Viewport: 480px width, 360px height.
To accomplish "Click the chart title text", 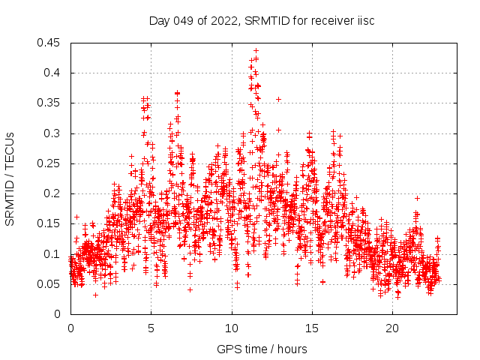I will point(262,20).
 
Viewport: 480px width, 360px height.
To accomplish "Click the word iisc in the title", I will point(364,20).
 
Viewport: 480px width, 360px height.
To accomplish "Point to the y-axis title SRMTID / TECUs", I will point(10,178).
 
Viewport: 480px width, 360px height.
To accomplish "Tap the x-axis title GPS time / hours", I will point(262,349).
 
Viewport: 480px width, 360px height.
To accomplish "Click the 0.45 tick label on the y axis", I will point(50,43).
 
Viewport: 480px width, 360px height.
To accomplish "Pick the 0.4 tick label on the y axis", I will point(53,73).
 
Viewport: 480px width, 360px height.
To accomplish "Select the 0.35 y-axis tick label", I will point(50,103).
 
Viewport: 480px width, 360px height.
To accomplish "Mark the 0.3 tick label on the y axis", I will point(53,133).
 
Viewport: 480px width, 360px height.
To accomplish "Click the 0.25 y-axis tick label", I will point(50,163).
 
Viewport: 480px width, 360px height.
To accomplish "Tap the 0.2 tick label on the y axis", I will point(53,193).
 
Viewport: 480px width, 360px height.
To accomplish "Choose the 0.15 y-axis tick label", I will point(50,223).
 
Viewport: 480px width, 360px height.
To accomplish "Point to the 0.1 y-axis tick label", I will point(53,253).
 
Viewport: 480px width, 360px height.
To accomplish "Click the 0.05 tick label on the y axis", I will point(50,284).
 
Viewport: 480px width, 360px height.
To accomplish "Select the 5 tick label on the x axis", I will point(151,328).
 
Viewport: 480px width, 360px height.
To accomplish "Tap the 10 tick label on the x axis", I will point(232,328).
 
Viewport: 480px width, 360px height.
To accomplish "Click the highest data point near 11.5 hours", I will point(256,50).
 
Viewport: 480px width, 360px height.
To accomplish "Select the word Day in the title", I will point(159,20).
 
